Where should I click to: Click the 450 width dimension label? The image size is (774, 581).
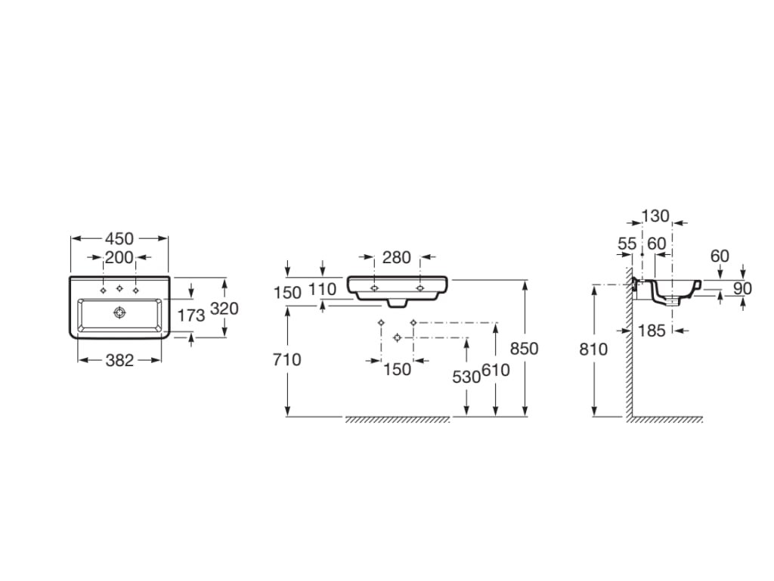tap(119, 238)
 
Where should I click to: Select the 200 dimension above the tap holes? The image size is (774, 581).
tap(119, 257)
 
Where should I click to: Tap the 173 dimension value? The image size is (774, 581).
tap(191, 315)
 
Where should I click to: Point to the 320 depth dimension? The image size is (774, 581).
tap(224, 309)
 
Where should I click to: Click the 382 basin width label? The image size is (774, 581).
tap(119, 361)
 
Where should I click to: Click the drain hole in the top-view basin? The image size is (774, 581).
tap(119, 312)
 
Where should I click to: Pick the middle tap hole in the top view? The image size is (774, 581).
tap(119, 288)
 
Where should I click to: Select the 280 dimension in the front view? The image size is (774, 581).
tap(397, 257)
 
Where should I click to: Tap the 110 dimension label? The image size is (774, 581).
tap(322, 290)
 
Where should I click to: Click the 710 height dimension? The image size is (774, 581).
tap(286, 359)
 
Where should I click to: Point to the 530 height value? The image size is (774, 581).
tap(466, 377)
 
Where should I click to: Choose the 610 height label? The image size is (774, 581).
tap(496, 370)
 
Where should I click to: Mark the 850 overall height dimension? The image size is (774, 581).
tap(525, 349)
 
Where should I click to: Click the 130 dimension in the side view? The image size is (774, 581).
tap(655, 216)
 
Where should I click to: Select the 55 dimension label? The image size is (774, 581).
tap(627, 244)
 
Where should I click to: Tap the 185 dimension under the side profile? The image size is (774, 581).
tap(652, 331)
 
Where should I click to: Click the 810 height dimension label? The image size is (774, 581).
tap(593, 350)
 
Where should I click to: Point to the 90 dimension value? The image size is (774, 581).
tap(742, 288)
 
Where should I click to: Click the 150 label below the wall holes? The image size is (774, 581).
tap(397, 369)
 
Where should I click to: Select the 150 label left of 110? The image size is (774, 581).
tap(287, 293)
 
